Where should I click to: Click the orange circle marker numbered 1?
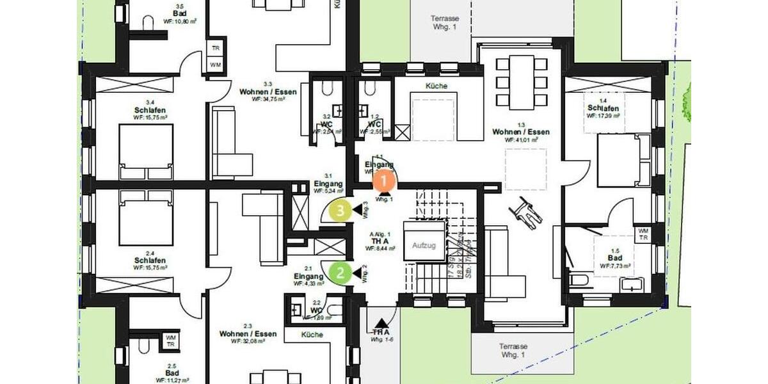point(383,182)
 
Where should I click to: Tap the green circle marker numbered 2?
point(340,273)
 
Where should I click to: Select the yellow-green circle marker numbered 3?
point(341,209)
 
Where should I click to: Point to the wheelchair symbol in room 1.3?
point(525,211)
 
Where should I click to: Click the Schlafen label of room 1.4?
point(603,108)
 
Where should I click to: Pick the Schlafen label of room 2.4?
point(150,260)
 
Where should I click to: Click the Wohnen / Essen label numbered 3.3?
point(262,92)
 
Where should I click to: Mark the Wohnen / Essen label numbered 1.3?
point(521,132)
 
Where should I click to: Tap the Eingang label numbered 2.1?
point(308,276)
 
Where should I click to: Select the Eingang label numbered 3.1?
point(329,183)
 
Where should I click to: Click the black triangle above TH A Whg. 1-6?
point(381,324)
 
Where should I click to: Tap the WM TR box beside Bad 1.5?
point(643,234)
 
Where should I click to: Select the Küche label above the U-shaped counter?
point(436,86)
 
